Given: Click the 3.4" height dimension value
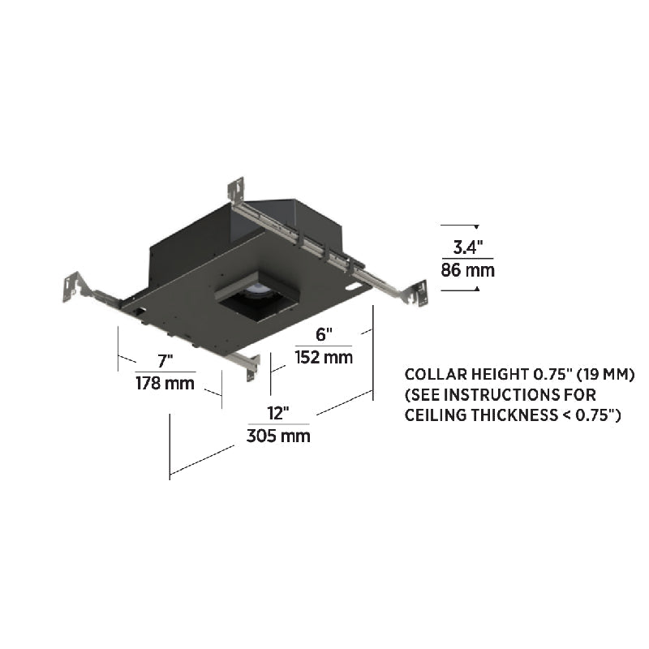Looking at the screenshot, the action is (468, 247).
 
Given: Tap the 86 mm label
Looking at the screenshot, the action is (468, 270).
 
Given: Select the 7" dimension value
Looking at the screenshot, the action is (165, 361).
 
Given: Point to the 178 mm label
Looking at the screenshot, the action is (165, 383).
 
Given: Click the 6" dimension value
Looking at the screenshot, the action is (324, 334).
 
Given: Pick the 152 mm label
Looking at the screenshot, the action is (324, 357).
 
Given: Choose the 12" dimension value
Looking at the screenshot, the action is (278, 413).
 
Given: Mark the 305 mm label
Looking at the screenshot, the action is (278, 436).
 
